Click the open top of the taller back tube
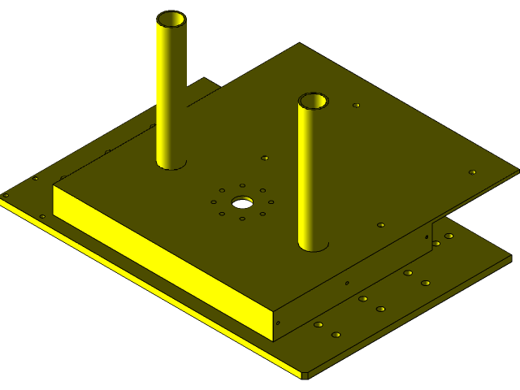coord(171,18)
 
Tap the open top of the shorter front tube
coord(313,101)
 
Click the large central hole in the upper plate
coord(242,201)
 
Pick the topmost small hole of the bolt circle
coord(243,186)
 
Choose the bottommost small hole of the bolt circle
coord(242,219)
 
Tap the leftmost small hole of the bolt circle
coord(214,201)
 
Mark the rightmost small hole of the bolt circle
coord(271,201)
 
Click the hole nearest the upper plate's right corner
coord(472,172)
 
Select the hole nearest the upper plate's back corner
coord(356,105)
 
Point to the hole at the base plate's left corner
coord(6,195)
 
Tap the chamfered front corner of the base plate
coord(305,375)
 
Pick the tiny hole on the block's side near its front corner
coord(279,323)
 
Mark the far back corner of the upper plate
coord(300,43)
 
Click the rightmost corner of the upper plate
coord(518,171)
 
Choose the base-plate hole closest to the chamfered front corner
coord(336,334)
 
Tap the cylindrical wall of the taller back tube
coord(171,89)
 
